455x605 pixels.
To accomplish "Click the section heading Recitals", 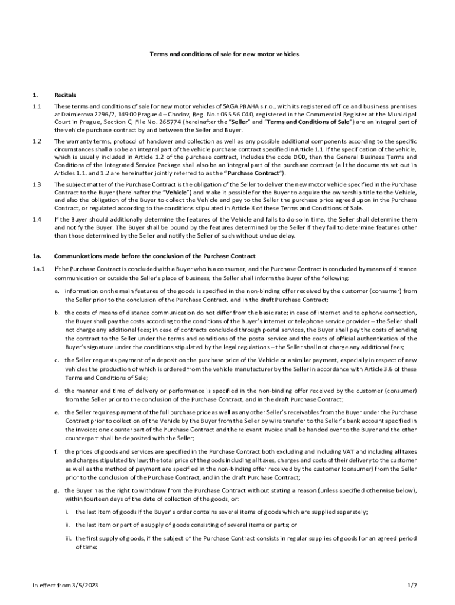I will click(x=64, y=95).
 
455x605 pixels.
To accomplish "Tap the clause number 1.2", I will click(x=37, y=141).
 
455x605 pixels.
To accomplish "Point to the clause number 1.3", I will click(x=37, y=184).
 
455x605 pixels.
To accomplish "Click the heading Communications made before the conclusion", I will click(x=155, y=256).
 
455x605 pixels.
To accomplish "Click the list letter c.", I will click(x=57, y=360).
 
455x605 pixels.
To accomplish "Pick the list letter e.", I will click(x=57, y=411).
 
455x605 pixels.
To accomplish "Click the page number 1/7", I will click(x=412, y=585).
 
